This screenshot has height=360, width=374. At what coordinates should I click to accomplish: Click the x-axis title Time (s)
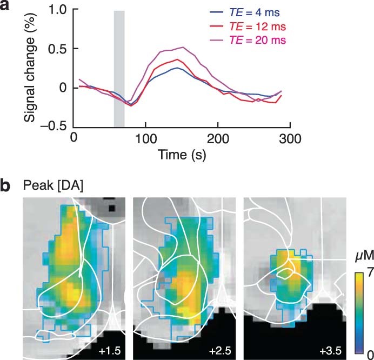click(x=182, y=155)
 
